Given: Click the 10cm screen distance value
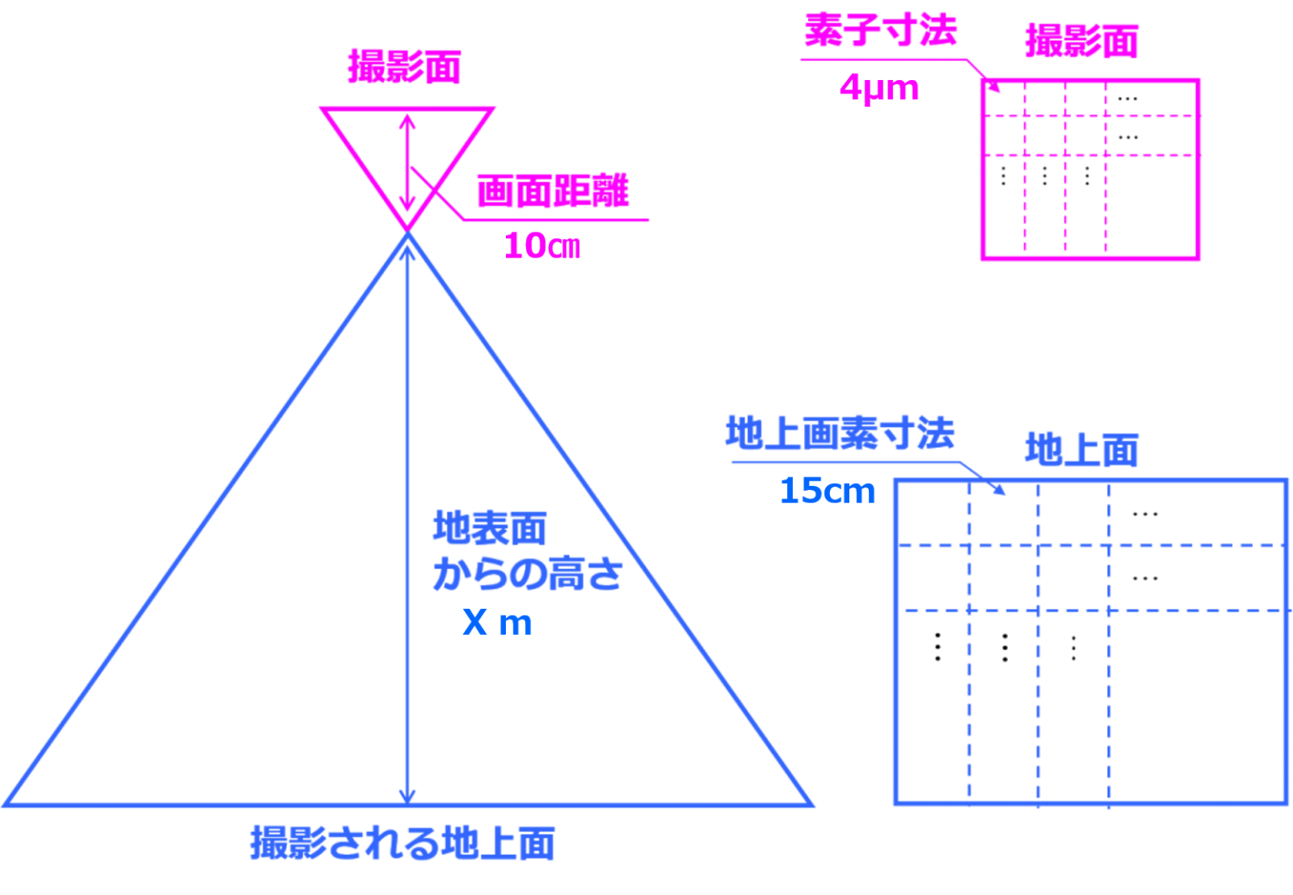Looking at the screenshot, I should (x=542, y=246).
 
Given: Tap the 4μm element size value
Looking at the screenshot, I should (x=879, y=88).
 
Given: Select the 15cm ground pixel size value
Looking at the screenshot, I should (x=827, y=491).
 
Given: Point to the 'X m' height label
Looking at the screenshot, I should (x=498, y=623).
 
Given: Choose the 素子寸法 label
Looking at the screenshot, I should (x=881, y=33).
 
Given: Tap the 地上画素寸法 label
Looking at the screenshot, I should (x=839, y=434).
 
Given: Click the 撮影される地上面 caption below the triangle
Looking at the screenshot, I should (x=402, y=843).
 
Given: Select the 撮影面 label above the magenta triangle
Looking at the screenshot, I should (x=405, y=68).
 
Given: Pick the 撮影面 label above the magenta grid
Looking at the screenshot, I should (x=1082, y=41).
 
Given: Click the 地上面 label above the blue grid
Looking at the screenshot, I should (x=1082, y=450).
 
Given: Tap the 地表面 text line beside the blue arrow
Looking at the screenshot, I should (x=489, y=530).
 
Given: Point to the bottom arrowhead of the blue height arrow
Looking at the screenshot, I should (x=407, y=795).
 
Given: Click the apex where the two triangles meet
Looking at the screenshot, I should (x=407, y=231).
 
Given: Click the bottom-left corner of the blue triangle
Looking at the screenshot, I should (x=7, y=804).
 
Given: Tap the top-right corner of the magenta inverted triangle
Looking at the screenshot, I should (x=493, y=109).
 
